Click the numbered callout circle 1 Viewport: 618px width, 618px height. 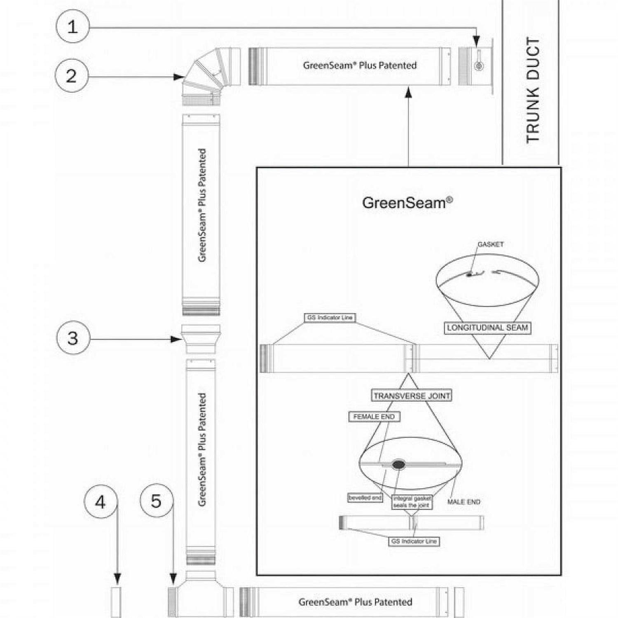[x=72, y=27]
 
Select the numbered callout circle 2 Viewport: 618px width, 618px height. [x=71, y=76]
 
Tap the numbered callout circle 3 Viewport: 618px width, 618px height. [x=73, y=338]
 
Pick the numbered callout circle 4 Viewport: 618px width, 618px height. [x=101, y=502]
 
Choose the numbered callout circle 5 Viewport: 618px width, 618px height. [x=156, y=501]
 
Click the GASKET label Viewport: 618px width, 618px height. [x=490, y=244]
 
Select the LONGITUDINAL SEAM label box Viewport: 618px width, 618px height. [x=487, y=328]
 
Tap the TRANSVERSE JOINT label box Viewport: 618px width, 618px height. [x=412, y=396]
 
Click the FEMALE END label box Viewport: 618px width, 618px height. [x=374, y=417]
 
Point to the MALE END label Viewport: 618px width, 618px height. [x=463, y=502]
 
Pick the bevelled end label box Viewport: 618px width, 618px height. [x=365, y=498]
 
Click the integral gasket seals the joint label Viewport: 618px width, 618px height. [x=412, y=502]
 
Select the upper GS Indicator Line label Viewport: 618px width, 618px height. [x=330, y=318]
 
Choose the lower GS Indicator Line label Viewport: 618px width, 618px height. [x=414, y=541]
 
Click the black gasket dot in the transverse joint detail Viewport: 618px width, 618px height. [x=398, y=465]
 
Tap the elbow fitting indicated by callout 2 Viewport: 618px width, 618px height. [x=210, y=74]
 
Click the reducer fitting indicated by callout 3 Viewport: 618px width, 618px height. [x=201, y=339]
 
